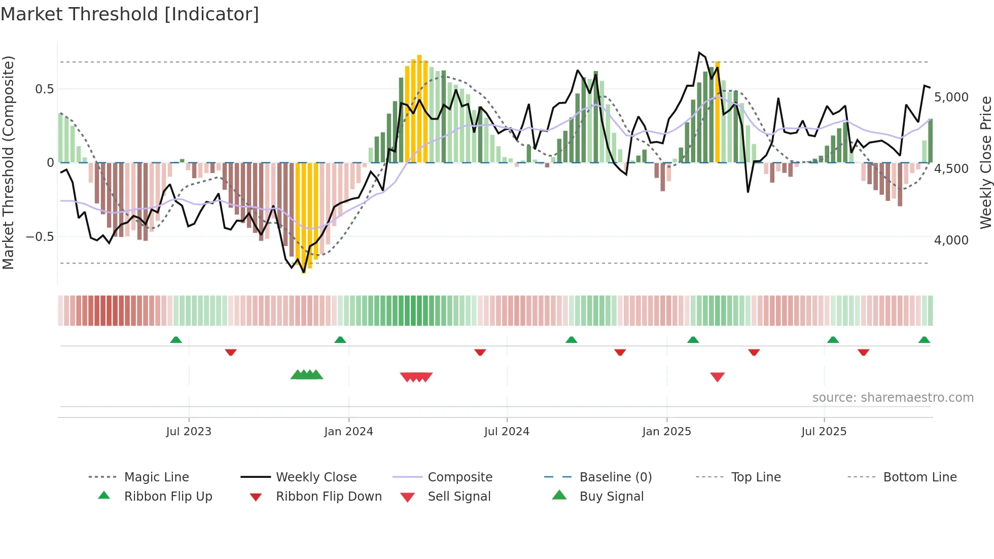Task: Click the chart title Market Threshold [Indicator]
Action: pyautogui.click(x=130, y=14)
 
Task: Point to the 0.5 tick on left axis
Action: pyautogui.click(x=44, y=89)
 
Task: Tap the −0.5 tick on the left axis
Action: pyautogui.click(x=40, y=237)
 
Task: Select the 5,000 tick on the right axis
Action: pyautogui.click(x=951, y=97)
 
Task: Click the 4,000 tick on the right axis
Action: pyautogui.click(x=951, y=240)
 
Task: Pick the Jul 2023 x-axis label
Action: pyautogui.click(x=189, y=432)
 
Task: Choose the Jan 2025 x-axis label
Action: pyautogui.click(x=666, y=432)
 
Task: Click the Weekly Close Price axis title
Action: pyautogui.click(x=985, y=162)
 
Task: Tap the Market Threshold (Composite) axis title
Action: pyautogui.click(x=8, y=162)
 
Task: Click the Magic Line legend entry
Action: pyautogui.click(x=156, y=477)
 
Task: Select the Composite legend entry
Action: pyautogui.click(x=459, y=477)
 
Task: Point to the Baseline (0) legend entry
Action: pyautogui.click(x=615, y=477)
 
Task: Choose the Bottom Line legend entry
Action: pyautogui.click(x=919, y=477)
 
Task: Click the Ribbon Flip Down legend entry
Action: pyautogui.click(x=328, y=497)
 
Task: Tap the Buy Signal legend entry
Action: pyautogui.click(x=611, y=497)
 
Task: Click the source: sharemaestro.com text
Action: pyautogui.click(x=893, y=398)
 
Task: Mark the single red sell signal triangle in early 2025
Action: pyautogui.click(x=717, y=376)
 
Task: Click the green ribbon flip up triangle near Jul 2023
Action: pyautogui.click(x=176, y=339)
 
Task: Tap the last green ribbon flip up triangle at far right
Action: pyautogui.click(x=924, y=339)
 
